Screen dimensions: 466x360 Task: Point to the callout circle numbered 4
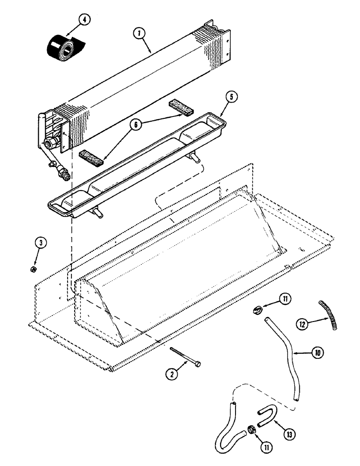[84, 20]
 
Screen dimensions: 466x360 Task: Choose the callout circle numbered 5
[232, 97]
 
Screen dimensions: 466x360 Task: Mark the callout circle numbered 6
[137, 126]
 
